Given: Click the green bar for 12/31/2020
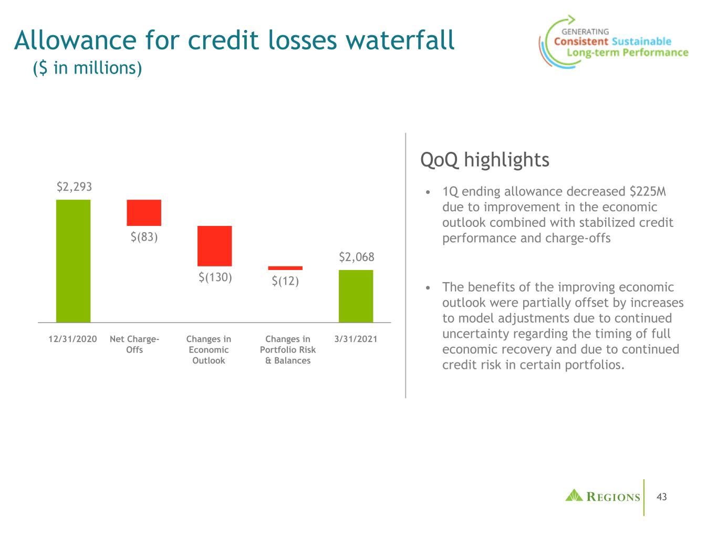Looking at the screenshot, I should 73,261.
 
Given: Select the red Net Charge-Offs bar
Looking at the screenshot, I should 144,213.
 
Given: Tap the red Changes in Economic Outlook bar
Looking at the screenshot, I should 214,246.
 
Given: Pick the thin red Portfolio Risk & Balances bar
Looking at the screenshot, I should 285,268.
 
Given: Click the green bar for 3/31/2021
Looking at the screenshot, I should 356,296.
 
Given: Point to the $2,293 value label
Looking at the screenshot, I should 74,187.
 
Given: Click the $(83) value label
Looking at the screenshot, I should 144,237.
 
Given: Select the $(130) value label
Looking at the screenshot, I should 215,277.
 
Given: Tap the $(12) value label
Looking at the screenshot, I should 285,281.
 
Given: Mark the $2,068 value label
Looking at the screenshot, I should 356,257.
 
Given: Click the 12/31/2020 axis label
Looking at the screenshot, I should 72,339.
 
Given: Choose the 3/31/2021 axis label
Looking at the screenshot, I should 356,339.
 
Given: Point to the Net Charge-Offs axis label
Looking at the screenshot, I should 134,345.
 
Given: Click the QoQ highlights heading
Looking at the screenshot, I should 484,160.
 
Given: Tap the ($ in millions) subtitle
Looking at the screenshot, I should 87,68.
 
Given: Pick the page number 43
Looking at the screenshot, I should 662,497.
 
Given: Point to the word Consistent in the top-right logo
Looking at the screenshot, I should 581,42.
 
